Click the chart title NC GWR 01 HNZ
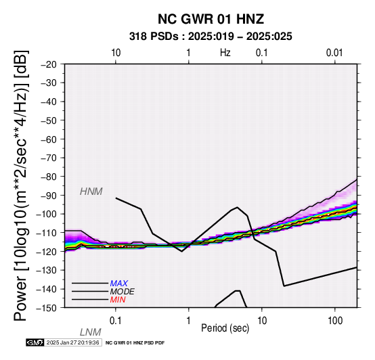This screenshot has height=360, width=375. click(211, 19)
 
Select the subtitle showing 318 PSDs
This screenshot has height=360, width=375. click(211, 37)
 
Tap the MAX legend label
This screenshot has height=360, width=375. click(119, 284)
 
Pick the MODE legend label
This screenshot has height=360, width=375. click(123, 292)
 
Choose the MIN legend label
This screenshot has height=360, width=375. click(118, 300)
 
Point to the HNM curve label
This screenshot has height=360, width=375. click(91, 192)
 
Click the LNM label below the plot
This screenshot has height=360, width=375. click(91, 332)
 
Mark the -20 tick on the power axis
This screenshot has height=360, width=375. click(49, 64)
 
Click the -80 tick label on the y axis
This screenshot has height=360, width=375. click(49, 177)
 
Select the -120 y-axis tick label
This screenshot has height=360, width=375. click(47, 252)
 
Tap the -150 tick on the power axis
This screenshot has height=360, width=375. click(47, 308)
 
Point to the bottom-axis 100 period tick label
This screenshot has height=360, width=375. click(335, 321)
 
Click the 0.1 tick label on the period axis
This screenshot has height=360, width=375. click(116, 321)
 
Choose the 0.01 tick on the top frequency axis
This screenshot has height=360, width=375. click(334, 53)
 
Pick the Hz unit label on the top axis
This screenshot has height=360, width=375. click(225, 53)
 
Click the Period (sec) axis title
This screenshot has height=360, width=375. click(225, 328)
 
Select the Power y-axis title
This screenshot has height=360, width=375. click(21, 185)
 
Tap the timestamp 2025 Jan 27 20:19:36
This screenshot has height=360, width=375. click(72, 342)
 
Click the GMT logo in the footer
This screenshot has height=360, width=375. click(35, 342)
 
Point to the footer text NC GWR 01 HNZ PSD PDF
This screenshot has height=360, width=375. click(135, 343)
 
